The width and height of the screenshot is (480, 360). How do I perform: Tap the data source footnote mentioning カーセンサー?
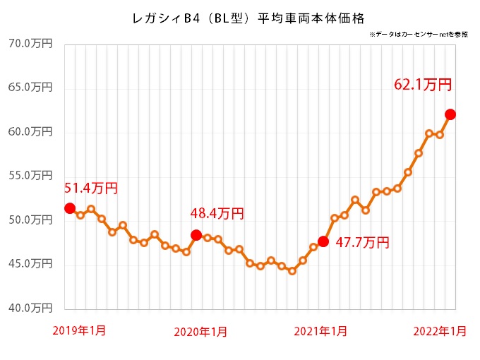pyautogui.click(x=418, y=34)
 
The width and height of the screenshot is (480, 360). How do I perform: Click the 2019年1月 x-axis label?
pyautogui.click(x=80, y=330)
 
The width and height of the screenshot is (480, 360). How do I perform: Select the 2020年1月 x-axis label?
pyautogui.click(x=200, y=331)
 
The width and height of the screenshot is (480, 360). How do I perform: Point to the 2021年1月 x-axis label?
pyautogui.click(x=320, y=331)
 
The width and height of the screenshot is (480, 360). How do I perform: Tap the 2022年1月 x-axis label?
pyautogui.click(x=439, y=331)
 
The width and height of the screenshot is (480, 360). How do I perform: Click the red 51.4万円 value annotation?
pyautogui.click(x=91, y=188)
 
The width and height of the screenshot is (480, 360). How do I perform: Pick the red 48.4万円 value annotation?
pyautogui.click(x=217, y=212)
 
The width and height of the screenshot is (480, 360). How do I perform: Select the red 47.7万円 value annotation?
pyautogui.click(x=362, y=243)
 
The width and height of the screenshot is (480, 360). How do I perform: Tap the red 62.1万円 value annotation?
pyautogui.click(x=423, y=85)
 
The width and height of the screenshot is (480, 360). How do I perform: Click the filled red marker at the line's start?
pyautogui.click(x=70, y=208)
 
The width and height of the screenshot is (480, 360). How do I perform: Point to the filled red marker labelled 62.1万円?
pyautogui.click(x=450, y=114)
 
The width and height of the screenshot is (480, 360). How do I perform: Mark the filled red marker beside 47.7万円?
pyautogui.click(x=323, y=241)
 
